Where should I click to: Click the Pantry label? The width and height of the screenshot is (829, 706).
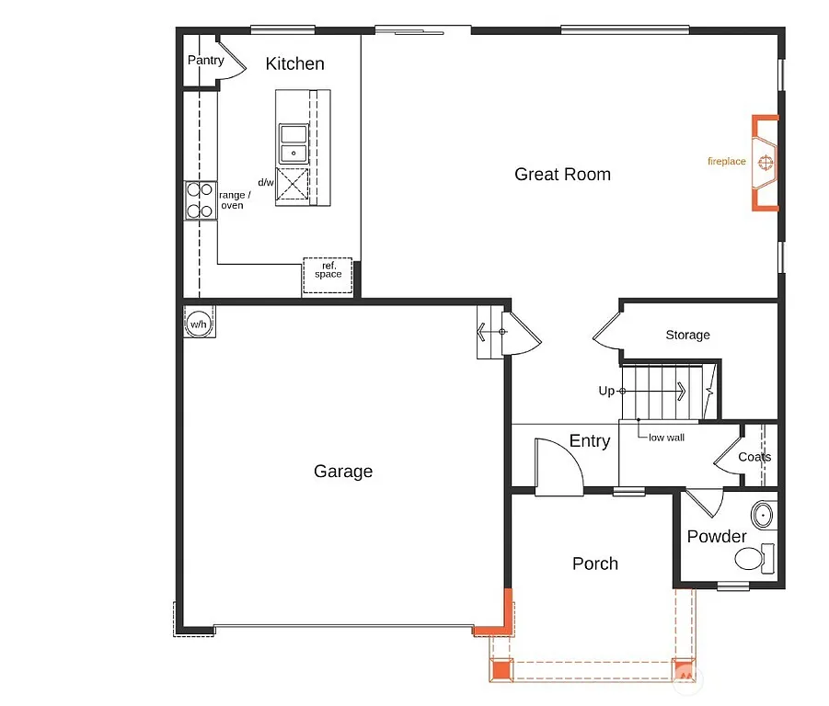pos(205,61)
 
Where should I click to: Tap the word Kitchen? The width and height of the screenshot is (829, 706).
pos(294,63)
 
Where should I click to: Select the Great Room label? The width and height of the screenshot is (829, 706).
pos(562,175)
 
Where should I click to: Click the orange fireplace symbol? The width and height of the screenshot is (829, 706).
pos(764,163)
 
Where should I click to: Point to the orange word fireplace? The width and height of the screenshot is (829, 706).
pos(726,162)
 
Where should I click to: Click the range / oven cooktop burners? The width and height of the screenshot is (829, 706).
pos(199,201)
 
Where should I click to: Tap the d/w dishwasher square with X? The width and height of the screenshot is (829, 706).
pos(294,186)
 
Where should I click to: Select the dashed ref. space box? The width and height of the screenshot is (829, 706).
pos(328,274)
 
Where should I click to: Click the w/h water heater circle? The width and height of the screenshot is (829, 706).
pos(199,324)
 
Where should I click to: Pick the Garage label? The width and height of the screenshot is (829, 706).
pos(343,472)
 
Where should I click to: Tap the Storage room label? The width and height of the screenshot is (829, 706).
pos(687,336)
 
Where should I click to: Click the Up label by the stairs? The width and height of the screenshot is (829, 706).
pos(606,392)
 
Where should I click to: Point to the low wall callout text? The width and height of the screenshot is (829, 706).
pos(666,438)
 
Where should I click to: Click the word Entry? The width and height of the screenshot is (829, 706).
pos(589,441)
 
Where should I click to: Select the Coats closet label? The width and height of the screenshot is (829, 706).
pos(754,457)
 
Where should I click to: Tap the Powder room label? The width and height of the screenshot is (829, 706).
pos(717,537)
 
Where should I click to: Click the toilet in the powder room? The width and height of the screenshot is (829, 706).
pos(754,557)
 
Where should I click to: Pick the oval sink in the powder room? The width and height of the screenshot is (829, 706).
pos(763,514)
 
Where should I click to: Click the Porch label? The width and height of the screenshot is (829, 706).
pos(594,564)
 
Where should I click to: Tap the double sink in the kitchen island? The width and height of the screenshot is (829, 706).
pos(294,143)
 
